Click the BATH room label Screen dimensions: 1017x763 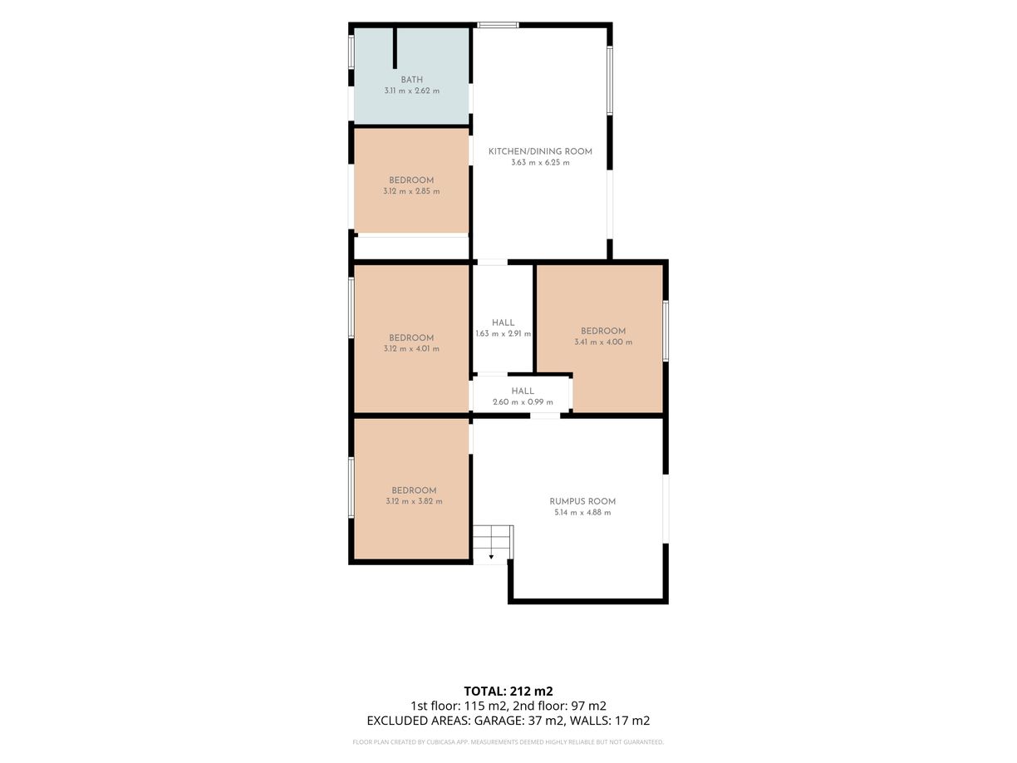pos(411,80)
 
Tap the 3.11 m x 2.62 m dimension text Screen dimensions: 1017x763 pos(411,91)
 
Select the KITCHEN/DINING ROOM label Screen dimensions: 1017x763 pos(540,151)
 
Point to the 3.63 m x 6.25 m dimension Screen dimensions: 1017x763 pos(540,163)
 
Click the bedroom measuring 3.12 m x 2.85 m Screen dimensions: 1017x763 pos(411,180)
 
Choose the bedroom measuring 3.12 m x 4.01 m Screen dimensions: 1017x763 pos(411,338)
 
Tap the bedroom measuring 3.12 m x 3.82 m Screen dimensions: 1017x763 pos(411,490)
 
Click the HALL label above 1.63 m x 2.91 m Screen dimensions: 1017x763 pos(504,322)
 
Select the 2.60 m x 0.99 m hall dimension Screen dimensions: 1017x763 pos(523,402)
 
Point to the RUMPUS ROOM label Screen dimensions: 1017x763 pos(582,501)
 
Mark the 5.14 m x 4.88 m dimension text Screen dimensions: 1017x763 pos(582,512)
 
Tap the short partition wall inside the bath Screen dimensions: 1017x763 pos(395,48)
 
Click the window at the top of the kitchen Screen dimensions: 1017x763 pos(498,25)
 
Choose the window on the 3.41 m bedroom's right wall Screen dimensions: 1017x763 pos(666,331)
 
